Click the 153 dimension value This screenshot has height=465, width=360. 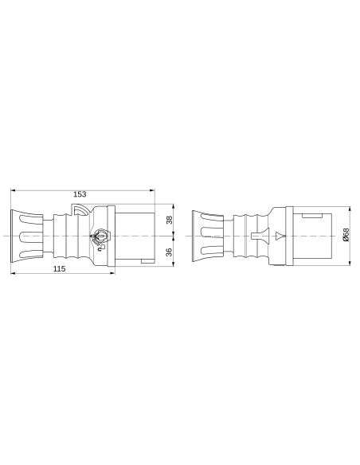pyautogui.click(x=80, y=194)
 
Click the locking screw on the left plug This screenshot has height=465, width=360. pyautogui.click(x=100, y=236)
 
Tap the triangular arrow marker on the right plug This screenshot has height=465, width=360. pyautogui.click(x=279, y=236)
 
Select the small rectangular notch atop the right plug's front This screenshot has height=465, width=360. pyautogui.click(x=313, y=214)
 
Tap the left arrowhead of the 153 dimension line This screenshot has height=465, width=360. pyautogui.click(x=14, y=190)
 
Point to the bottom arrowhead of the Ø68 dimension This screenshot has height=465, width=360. pyautogui.click(x=350, y=264)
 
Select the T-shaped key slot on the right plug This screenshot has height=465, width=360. pyautogui.click(x=255, y=236)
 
